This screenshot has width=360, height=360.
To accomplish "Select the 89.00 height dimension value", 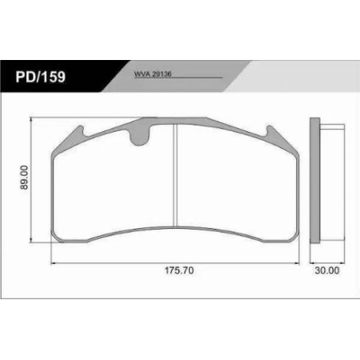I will coord(26,178).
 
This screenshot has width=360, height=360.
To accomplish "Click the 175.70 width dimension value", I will coord(174,271).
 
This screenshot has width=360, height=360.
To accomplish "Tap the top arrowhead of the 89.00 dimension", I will coord(32,118).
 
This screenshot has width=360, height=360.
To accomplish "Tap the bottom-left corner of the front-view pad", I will coord(54,240).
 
